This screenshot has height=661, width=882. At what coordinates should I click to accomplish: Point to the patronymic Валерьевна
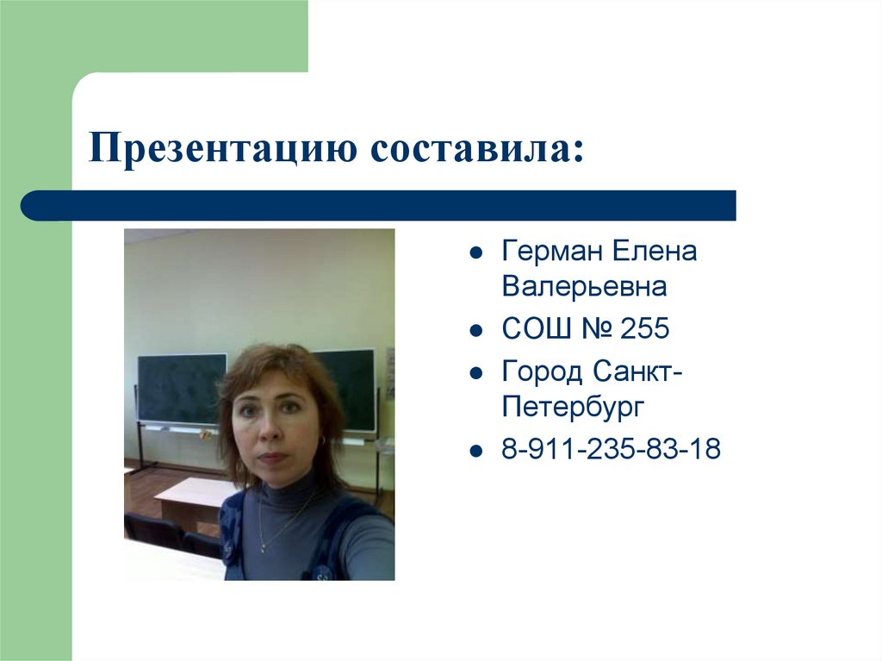584,286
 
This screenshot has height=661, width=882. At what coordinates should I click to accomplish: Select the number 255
643,328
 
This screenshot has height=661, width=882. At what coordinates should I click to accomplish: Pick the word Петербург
573,406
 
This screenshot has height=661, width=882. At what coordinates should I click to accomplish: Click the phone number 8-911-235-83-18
611,448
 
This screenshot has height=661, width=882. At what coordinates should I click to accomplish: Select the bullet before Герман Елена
475,254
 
